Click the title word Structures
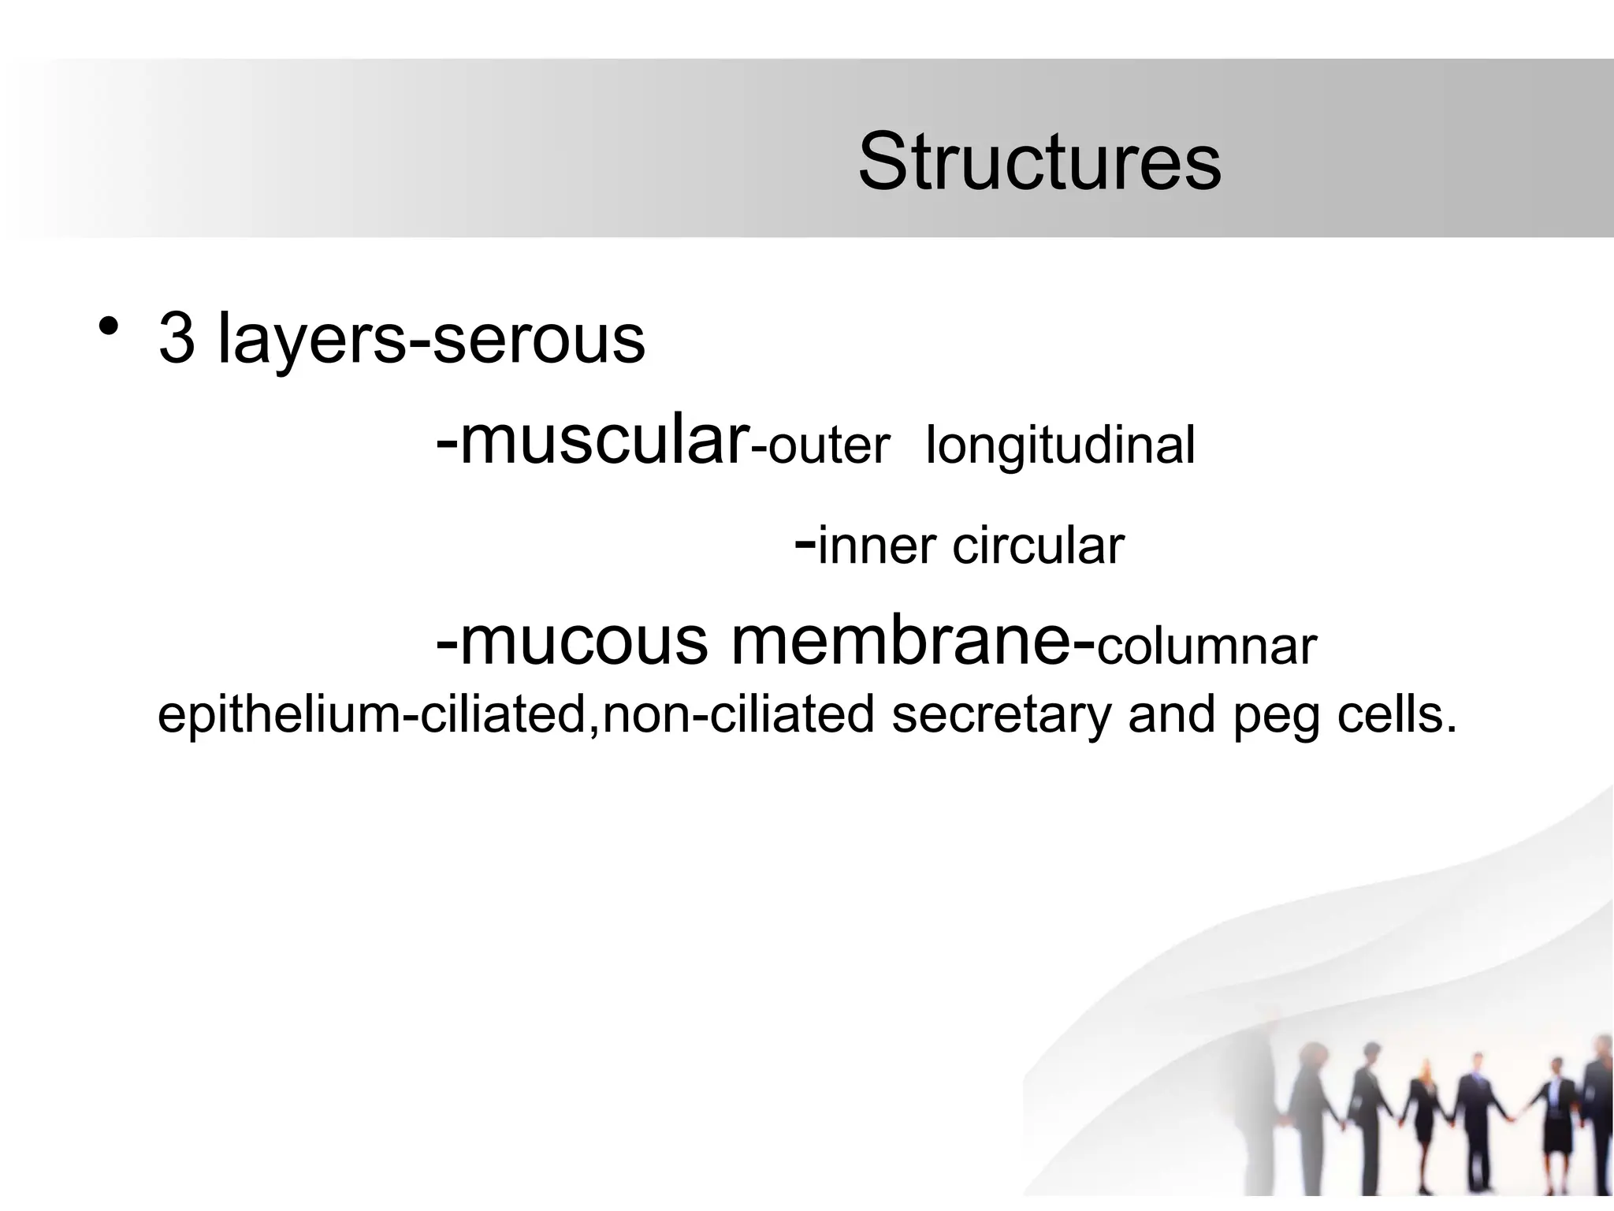1039,162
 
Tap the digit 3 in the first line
177,339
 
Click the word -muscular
591,442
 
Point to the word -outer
820,446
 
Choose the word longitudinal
1060,446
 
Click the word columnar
1207,646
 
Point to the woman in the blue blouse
1556,1120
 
